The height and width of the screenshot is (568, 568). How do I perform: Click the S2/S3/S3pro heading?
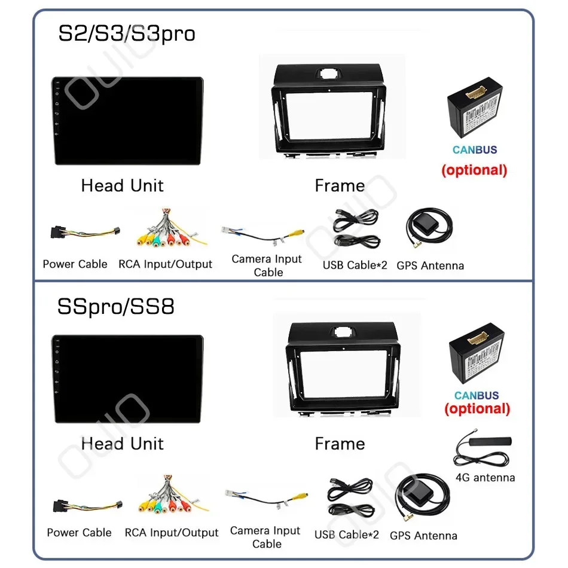coord(126,33)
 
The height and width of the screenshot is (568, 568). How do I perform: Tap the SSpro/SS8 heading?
coord(116,307)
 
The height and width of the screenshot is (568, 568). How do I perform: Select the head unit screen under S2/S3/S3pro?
coord(127,120)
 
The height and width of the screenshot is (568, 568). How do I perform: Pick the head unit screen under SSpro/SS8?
coord(127,379)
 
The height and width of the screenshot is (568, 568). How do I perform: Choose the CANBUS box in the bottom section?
coord(477,356)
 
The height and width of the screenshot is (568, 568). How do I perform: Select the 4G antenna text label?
coord(485,478)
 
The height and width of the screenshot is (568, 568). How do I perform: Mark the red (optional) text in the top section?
coord(474,170)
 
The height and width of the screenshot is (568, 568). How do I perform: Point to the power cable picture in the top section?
coord(85,234)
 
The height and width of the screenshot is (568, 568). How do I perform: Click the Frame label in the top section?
coord(340,186)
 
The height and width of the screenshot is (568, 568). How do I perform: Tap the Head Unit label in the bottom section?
coord(123,444)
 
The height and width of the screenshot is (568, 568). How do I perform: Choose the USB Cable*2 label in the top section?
coord(355,265)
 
